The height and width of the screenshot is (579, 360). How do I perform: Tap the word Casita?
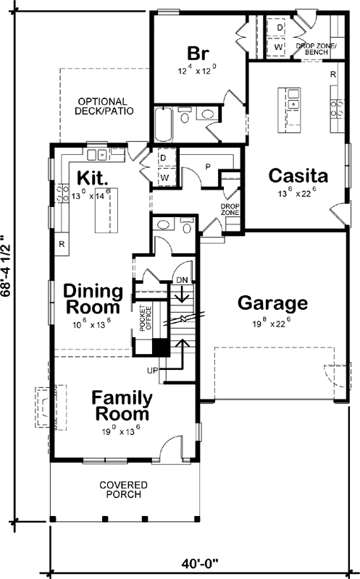[298, 175]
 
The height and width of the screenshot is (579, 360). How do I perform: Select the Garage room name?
[272, 303]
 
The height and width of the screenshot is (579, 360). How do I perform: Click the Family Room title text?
[122, 406]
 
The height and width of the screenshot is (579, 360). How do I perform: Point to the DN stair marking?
[183, 279]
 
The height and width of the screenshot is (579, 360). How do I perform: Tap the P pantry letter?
[208, 166]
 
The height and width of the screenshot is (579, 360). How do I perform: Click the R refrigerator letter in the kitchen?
[62, 244]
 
